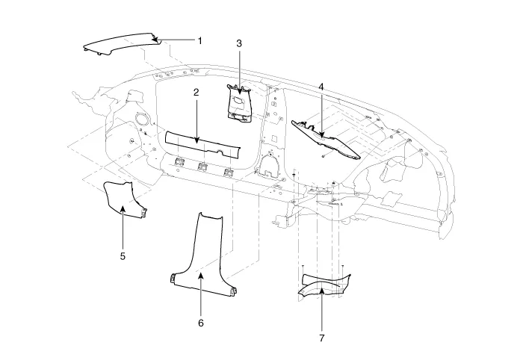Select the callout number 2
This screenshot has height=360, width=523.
(196, 93)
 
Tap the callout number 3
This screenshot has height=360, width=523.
(239, 44)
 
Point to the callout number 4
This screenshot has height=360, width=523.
(321, 87)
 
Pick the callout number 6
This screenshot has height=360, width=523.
(200, 323)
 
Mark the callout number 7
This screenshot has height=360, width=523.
(322, 338)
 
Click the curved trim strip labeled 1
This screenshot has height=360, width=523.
(120, 46)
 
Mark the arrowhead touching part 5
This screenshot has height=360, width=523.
(123, 210)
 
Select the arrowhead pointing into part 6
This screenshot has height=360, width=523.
(200, 276)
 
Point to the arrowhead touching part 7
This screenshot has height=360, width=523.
(322, 288)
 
